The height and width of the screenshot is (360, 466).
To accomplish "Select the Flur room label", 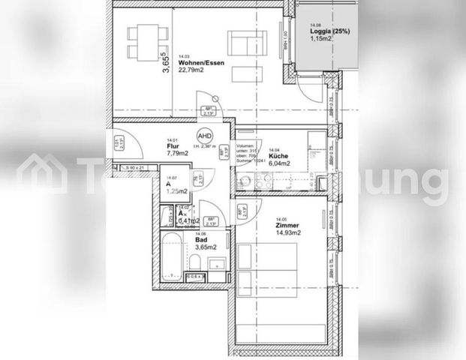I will click(x=172, y=147).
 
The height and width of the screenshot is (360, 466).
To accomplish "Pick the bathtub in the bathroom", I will click(x=170, y=257).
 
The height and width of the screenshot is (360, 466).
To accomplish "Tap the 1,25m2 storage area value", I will click(x=176, y=192).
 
